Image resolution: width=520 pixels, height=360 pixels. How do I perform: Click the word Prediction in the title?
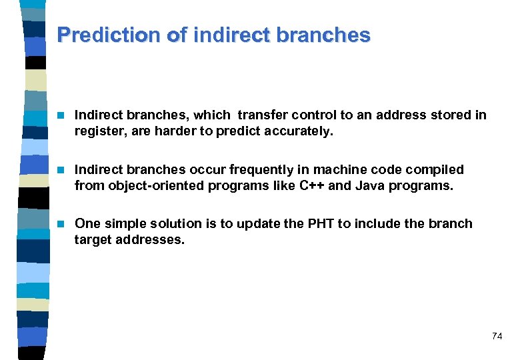[x=109, y=35]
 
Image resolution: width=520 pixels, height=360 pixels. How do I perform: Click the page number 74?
[x=497, y=336]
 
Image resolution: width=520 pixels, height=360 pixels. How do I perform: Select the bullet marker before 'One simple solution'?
[x=61, y=224]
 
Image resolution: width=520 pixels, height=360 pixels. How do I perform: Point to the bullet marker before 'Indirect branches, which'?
[x=61, y=115]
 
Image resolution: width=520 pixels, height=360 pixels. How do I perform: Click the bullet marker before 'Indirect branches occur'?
[x=61, y=170]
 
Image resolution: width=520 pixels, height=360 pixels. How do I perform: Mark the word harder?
[x=177, y=131]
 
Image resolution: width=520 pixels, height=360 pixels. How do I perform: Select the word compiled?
[x=439, y=169]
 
